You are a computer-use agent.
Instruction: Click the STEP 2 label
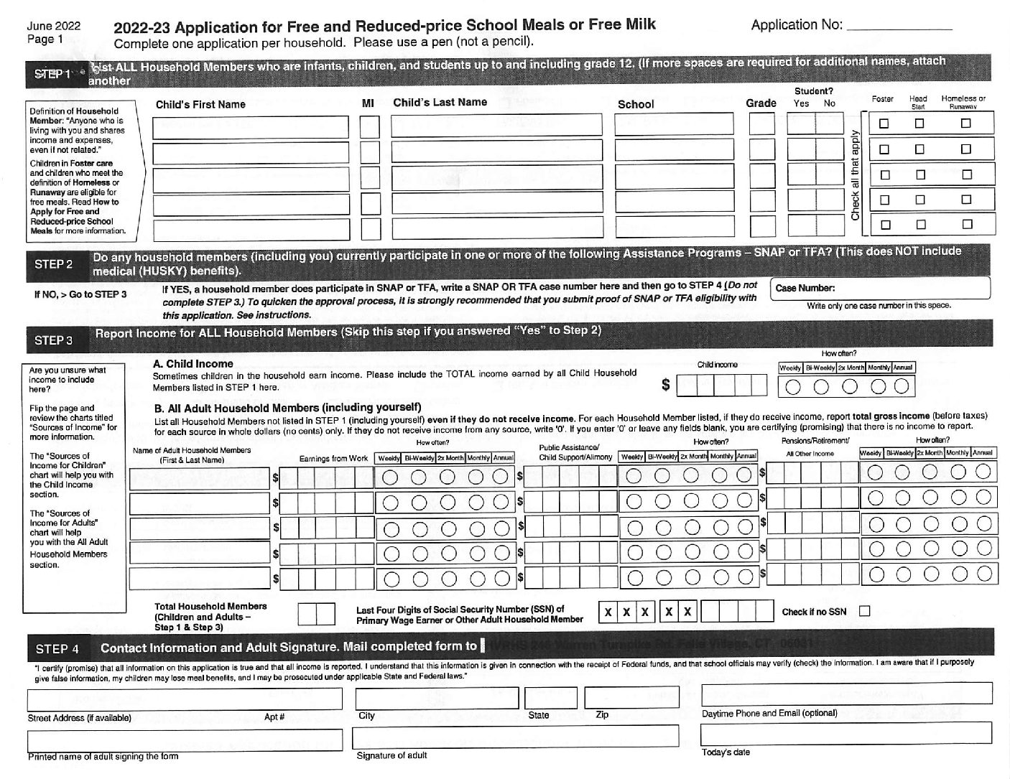(x=54, y=264)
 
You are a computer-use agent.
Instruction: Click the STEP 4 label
(x=57, y=649)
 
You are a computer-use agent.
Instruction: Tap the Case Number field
(x=880, y=289)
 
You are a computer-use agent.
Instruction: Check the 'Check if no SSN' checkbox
(x=865, y=612)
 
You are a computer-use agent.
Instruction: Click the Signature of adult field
(x=515, y=737)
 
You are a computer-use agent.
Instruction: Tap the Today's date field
(x=845, y=733)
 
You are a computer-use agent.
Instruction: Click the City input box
(x=437, y=698)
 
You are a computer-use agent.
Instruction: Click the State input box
(x=550, y=698)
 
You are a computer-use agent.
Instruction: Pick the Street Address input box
(x=185, y=699)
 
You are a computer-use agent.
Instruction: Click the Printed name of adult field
(x=185, y=740)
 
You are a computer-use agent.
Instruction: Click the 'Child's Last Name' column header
(x=440, y=103)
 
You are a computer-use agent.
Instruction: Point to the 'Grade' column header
(x=761, y=103)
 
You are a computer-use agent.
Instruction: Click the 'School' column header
(x=636, y=104)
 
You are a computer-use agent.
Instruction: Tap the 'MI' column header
(x=368, y=103)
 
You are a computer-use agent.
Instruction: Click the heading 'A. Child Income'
(x=193, y=364)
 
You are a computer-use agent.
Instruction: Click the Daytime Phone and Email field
(x=846, y=693)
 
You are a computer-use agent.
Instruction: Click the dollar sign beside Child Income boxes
(x=665, y=386)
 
